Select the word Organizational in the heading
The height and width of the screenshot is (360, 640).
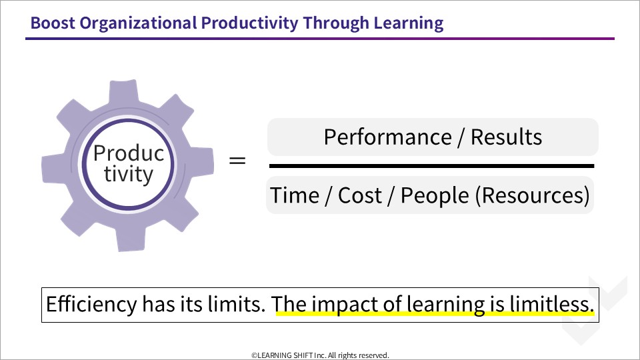click(x=138, y=24)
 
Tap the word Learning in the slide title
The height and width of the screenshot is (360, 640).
click(x=409, y=24)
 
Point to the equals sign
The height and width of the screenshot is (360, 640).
click(x=237, y=160)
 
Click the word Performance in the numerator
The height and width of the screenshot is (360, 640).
click(x=388, y=137)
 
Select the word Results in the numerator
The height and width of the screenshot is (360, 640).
click(x=506, y=137)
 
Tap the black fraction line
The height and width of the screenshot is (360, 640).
click(x=431, y=166)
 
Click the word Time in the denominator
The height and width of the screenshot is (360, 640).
click(x=295, y=195)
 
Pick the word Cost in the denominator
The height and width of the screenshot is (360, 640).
click(x=359, y=195)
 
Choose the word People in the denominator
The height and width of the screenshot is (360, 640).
click(x=435, y=195)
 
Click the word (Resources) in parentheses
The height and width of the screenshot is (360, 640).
click(x=532, y=195)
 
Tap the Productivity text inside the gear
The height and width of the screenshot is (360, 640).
click(x=128, y=164)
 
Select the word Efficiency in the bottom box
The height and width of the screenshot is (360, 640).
click(x=91, y=305)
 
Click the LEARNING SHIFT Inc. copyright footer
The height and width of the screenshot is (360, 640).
click(x=320, y=355)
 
